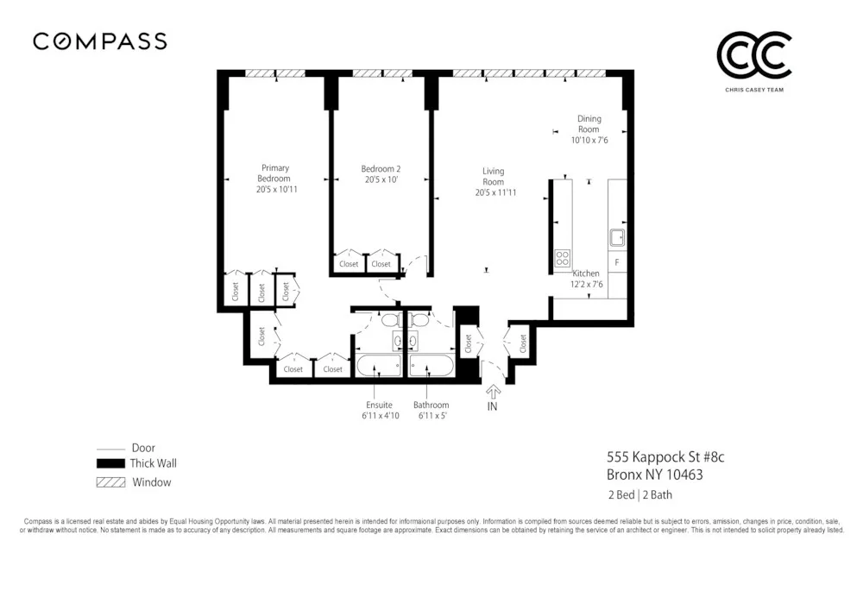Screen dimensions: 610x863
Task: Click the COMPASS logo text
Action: tap(99, 41)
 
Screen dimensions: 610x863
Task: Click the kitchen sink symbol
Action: tap(617, 237)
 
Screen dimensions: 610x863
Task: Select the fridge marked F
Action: tap(617, 261)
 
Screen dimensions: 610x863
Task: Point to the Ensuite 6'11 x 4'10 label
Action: tap(379, 410)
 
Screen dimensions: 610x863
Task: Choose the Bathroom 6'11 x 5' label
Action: tap(431, 410)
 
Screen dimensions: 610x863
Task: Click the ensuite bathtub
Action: tap(379, 366)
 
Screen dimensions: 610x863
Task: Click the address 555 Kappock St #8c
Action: tap(660, 457)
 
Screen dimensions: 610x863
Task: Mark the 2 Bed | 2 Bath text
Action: tap(639, 495)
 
